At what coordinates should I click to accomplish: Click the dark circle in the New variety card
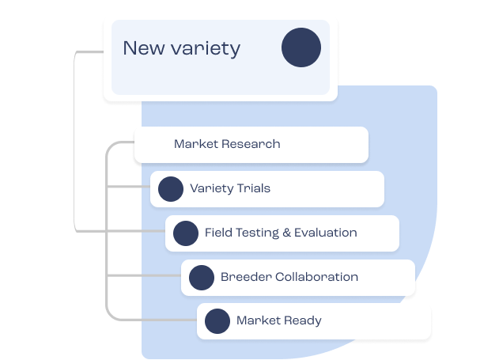[301, 47]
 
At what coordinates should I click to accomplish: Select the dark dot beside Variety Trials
[171, 189]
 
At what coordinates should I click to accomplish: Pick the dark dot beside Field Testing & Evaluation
[186, 233]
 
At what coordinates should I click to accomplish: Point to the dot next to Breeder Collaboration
[202, 278]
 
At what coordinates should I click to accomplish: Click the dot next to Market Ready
[217, 321]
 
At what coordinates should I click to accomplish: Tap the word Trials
[252, 188]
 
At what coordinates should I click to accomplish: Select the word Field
[219, 233]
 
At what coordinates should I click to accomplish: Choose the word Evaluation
[325, 233]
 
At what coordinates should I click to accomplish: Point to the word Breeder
[246, 277]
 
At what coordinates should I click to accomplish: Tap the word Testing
[258, 233]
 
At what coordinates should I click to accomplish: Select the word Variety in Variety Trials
[210, 188]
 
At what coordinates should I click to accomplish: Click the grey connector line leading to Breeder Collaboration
[142, 276]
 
